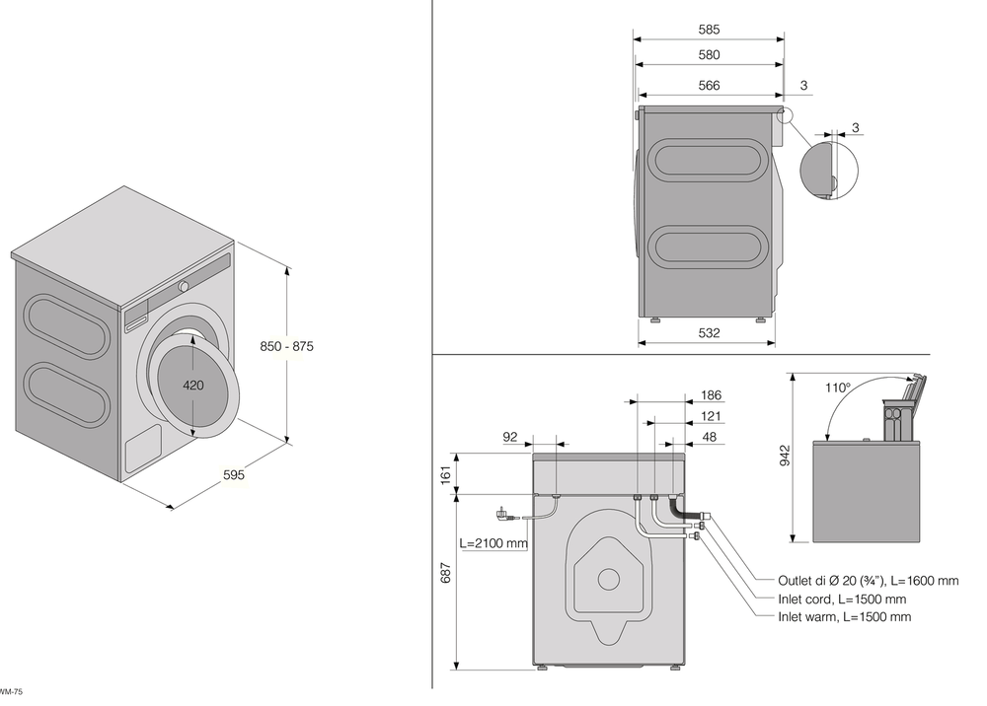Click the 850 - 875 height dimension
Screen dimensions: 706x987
tap(287, 346)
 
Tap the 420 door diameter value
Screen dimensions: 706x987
tap(192, 386)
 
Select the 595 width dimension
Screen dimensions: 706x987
tap(233, 475)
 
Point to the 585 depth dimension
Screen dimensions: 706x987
tap(709, 30)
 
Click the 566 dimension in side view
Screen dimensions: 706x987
tap(709, 86)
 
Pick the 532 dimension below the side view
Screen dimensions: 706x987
tap(709, 333)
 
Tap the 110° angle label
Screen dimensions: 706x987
tap(837, 388)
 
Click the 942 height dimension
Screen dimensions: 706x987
tap(785, 455)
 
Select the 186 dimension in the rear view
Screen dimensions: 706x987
tap(711, 395)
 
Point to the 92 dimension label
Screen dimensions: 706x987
tap(510, 437)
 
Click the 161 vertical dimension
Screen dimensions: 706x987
tap(445, 473)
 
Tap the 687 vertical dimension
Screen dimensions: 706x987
tap(445, 572)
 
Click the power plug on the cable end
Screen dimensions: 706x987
tap(502, 514)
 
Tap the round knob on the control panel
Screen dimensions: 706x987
tap(184, 287)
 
